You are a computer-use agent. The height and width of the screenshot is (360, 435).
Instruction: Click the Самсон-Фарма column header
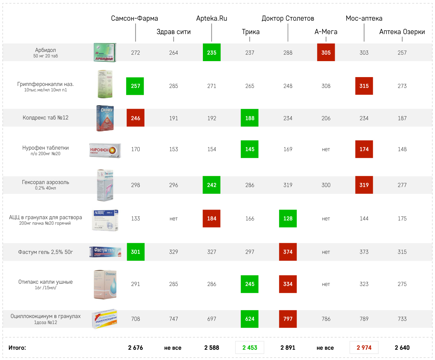(x=135, y=18)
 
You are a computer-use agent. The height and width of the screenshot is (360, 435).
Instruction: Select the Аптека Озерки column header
(x=402, y=32)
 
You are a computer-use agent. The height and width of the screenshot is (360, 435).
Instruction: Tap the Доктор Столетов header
(x=288, y=18)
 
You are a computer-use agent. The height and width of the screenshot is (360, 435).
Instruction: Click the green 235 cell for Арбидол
(x=212, y=53)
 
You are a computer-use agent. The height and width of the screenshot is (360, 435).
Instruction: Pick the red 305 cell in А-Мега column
(x=326, y=53)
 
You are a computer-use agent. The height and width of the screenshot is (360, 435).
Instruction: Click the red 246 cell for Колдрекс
(x=136, y=118)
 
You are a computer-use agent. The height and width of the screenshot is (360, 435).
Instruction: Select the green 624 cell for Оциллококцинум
(x=250, y=319)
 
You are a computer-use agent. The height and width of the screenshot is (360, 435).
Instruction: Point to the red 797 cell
(x=288, y=319)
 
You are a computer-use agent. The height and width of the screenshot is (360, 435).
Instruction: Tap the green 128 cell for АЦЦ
(x=288, y=218)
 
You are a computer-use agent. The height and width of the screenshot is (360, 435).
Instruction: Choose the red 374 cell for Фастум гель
(x=288, y=252)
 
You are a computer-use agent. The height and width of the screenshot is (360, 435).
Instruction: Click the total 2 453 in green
(x=250, y=348)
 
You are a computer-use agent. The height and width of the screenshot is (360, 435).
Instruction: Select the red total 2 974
(x=364, y=348)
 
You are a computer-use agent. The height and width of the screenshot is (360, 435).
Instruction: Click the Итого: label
(x=17, y=348)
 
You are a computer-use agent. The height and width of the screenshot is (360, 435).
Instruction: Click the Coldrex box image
(x=105, y=118)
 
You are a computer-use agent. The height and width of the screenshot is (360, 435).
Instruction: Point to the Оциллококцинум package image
(x=105, y=319)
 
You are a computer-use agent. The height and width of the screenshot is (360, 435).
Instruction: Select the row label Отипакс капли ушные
(x=46, y=282)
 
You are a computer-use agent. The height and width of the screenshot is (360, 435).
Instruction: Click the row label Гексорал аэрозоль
(x=46, y=182)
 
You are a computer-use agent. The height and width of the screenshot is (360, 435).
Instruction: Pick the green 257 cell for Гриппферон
(x=135, y=86)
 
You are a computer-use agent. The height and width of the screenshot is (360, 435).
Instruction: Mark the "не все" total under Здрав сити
(x=173, y=348)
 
